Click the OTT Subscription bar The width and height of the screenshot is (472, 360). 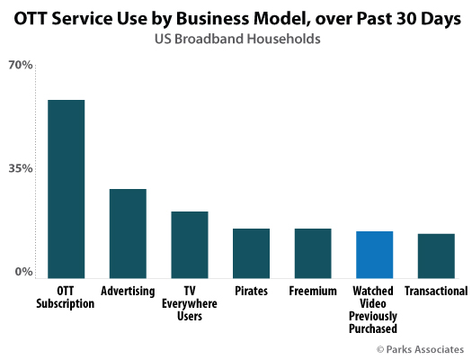point(66,188)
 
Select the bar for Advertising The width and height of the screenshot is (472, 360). point(128,233)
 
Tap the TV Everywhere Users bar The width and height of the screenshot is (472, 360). point(190,244)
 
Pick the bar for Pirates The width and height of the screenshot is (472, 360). point(251,253)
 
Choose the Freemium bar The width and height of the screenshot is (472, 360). point(313,253)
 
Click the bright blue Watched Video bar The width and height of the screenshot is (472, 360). point(374,254)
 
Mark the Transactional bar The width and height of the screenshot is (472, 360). point(436,256)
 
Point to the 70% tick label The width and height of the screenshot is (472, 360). point(21,66)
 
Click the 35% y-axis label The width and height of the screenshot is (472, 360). point(21,168)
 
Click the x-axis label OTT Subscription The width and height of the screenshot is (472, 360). point(65,298)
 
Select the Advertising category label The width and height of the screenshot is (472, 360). point(128,292)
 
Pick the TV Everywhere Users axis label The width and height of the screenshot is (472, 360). point(190,304)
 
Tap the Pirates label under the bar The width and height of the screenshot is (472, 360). point(251,292)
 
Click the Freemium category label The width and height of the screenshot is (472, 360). point(313,292)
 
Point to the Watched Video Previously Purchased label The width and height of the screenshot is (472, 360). point(374,310)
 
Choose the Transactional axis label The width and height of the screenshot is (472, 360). point(436,292)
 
